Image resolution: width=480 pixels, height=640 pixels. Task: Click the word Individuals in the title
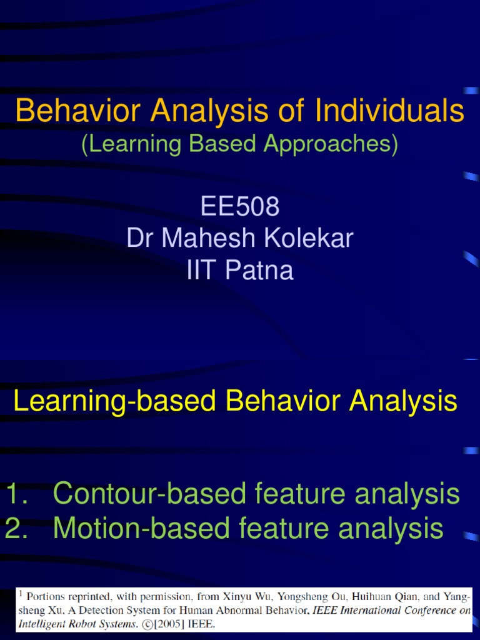tap(389, 111)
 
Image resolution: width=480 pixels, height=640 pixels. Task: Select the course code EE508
tap(240, 206)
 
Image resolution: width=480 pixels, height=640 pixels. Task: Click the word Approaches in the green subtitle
tap(331, 144)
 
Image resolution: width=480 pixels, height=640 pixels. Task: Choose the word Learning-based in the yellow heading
tap(116, 401)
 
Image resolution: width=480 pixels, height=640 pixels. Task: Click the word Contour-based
tap(150, 494)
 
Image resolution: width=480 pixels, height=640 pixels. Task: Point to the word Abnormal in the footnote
tap(244, 610)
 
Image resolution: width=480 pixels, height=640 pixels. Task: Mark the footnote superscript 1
tap(21, 594)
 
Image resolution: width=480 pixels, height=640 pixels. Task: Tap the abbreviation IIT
tap(202, 271)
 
